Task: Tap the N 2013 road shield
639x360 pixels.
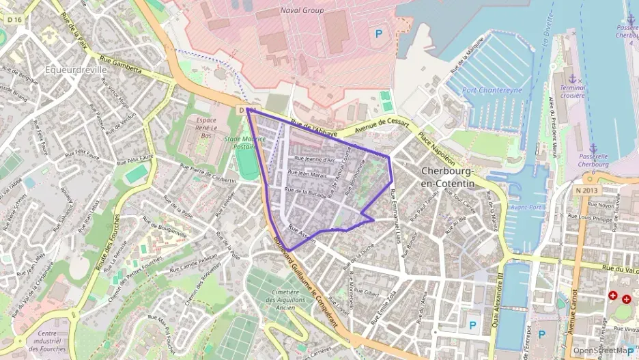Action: coord(586,191)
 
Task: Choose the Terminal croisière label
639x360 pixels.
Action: coord(572,92)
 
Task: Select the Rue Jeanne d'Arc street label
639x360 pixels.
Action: coord(315,159)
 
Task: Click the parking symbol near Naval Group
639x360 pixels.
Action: coord(377,32)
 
